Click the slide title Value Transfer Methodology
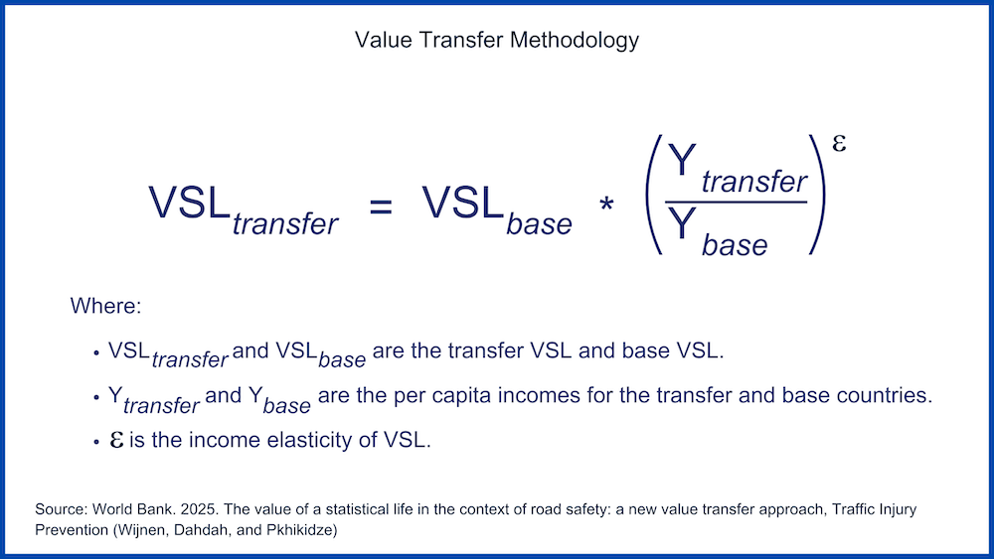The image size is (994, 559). [496, 41]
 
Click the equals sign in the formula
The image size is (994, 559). [381, 207]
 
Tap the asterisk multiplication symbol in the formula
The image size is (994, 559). [606, 206]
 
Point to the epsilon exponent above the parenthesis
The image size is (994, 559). [839, 144]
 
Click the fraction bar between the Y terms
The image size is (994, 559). [736, 202]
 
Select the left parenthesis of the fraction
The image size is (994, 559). [654, 195]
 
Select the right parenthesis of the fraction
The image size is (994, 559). [818, 195]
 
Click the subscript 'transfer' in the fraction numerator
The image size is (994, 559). [753, 182]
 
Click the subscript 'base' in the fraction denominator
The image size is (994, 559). [735, 245]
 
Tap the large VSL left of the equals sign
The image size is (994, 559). [189, 203]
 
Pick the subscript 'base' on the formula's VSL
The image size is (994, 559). [540, 223]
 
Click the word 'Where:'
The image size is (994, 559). [106, 306]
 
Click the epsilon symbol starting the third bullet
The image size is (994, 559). [116, 440]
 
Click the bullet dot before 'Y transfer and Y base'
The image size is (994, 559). [96, 397]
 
